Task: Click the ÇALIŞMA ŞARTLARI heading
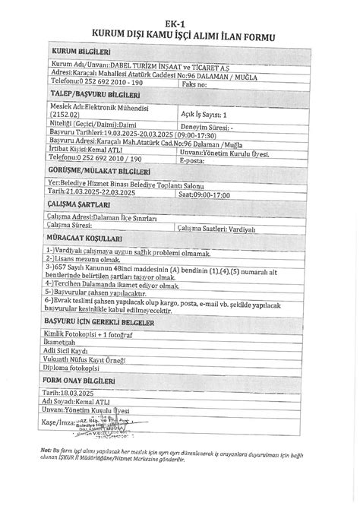pos(79,204)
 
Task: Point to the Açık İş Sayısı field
pos(205,114)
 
